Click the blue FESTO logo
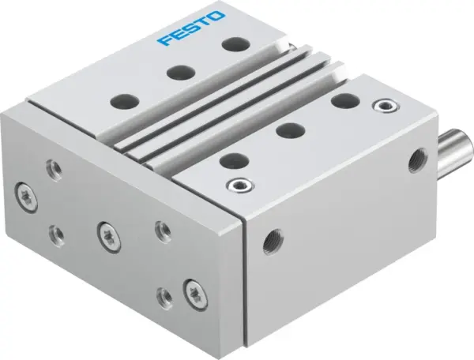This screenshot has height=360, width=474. pyautogui.click(x=192, y=28)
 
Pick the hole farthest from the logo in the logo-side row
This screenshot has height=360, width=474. pyautogui.click(x=122, y=101)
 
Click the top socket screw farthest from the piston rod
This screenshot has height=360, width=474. pyautogui.click(x=235, y=186)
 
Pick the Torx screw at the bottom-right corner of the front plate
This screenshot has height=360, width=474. pyautogui.click(x=191, y=292)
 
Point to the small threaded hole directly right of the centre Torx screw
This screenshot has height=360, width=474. pyautogui.click(x=161, y=229)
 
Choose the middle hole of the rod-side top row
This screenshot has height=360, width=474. pyautogui.click(x=285, y=130)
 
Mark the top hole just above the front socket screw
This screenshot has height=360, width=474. pyautogui.click(x=230, y=160)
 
